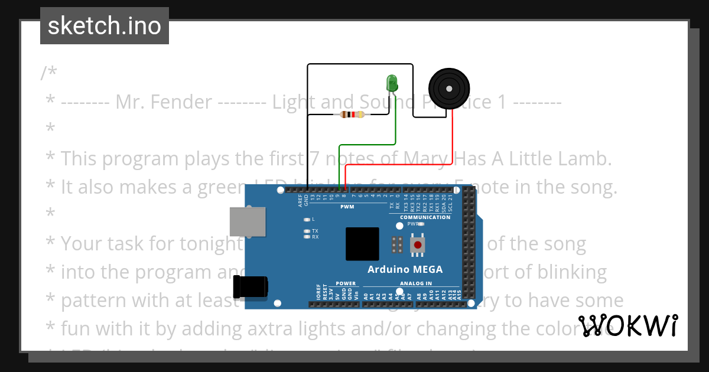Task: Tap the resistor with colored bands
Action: (353, 115)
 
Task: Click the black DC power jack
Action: (251, 287)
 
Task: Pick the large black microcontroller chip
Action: (362, 244)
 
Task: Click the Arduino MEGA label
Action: (405, 269)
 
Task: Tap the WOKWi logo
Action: (628, 325)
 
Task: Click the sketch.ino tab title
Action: (105, 26)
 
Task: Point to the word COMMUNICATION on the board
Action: (425, 217)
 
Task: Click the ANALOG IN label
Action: (416, 283)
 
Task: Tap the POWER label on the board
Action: (346, 283)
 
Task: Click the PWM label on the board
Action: (347, 207)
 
